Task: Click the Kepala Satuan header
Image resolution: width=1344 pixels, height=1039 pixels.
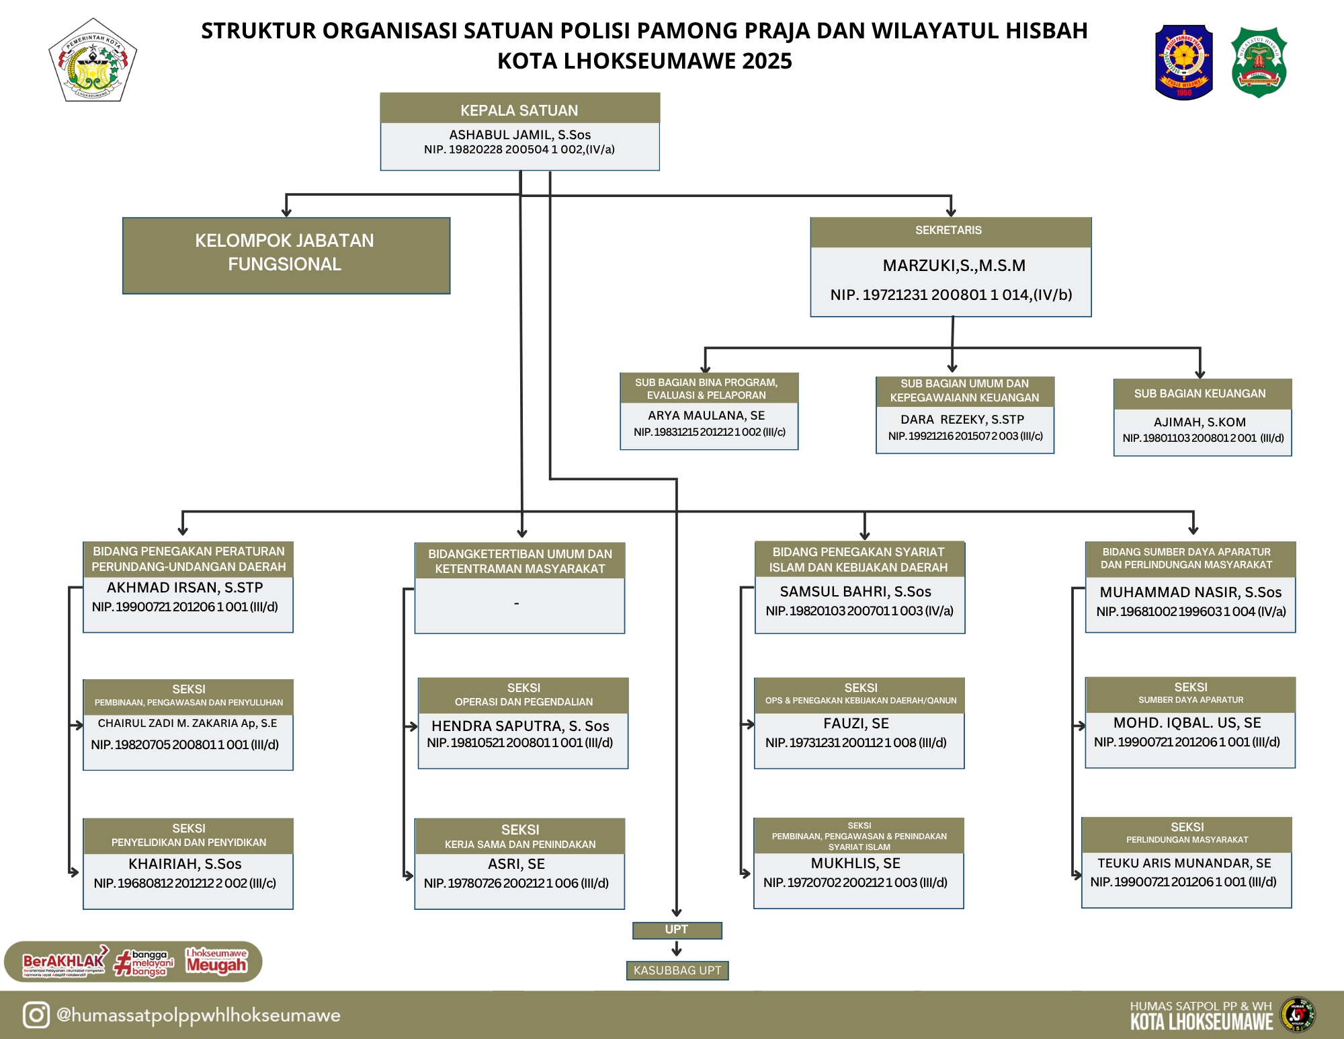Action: click(519, 110)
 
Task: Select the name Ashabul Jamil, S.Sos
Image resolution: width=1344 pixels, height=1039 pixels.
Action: click(519, 134)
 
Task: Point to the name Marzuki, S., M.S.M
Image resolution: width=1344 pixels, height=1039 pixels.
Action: click(954, 266)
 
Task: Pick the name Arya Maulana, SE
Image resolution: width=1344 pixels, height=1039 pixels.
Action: click(706, 416)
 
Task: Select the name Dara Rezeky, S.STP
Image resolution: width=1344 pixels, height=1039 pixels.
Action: click(962, 420)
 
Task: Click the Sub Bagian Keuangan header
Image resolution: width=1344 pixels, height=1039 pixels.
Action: click(1200, 393)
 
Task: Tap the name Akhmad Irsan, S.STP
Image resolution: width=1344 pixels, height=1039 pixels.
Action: click(185, 588)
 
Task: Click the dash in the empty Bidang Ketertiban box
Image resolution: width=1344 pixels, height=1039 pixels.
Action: click(516, 603)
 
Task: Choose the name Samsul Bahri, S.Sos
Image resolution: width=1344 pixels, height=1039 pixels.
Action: click(855, 592)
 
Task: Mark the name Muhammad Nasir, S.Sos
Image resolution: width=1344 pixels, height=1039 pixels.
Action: click(1190, 592)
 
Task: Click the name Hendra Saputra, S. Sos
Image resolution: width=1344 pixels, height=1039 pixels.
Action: click(520, 726)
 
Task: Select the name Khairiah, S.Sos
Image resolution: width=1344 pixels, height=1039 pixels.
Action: click(185, 864)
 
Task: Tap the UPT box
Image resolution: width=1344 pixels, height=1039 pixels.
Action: click(677, 929)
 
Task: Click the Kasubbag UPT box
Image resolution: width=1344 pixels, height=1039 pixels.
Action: click(677, 970)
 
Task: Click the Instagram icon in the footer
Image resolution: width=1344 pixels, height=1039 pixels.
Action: click(36, 1015)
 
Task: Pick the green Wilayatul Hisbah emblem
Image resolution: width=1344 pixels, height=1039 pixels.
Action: click(1259, 63)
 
